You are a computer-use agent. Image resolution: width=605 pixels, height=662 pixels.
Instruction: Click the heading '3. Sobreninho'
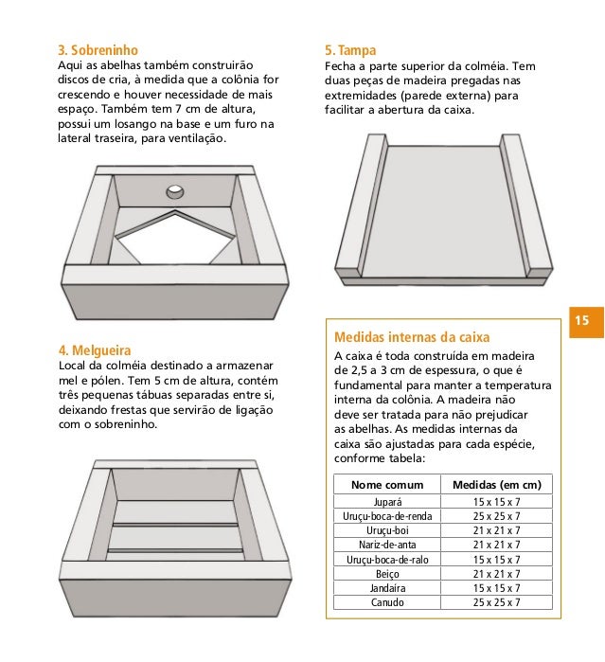98,50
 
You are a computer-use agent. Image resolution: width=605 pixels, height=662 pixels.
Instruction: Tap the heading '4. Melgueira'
95,350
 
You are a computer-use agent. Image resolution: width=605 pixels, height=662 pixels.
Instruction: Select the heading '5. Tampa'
350,50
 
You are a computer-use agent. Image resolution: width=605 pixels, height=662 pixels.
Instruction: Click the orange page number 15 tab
586,322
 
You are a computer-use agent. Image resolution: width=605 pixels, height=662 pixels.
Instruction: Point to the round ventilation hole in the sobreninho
175,191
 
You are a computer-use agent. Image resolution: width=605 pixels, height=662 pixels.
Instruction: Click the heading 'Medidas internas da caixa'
412,337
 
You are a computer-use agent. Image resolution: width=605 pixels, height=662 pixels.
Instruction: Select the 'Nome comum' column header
387,485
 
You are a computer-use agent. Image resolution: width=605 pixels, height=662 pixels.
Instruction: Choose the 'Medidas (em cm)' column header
496,485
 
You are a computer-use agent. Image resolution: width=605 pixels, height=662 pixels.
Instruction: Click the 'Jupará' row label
387,502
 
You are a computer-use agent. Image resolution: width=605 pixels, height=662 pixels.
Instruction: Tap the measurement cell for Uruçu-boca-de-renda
496,516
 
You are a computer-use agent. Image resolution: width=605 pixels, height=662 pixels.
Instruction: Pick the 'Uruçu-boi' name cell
387,530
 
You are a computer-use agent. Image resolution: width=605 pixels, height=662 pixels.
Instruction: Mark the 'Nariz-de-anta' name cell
387,545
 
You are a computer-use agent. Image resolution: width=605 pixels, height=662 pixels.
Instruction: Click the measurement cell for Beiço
496,574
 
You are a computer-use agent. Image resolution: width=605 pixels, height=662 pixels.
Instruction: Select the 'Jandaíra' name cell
387,588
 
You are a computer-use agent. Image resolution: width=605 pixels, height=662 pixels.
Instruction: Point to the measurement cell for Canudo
496,602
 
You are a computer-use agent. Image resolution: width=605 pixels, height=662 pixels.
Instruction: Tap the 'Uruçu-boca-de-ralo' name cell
387,560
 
